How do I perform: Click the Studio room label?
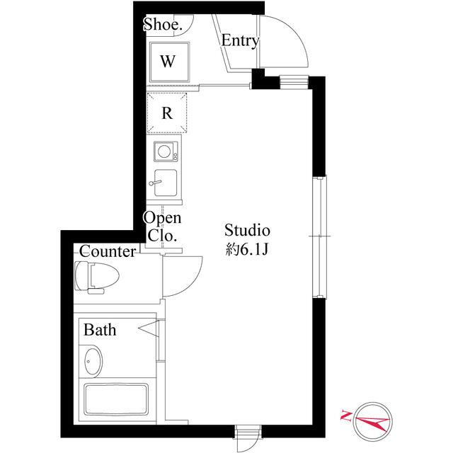[x=248, y=230]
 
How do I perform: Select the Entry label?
[x=239, y=41]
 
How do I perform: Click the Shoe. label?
[x=163, y=25]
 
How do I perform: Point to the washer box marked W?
[x=168, y=61]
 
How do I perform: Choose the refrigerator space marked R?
[x=168, y=112]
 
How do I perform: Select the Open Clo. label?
[x=163, y=226]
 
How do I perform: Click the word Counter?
[x=107, y=251]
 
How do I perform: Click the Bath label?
[x=100, y=330]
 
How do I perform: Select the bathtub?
[x=115, y=401]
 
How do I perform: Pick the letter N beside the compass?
[x=347, y=416]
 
